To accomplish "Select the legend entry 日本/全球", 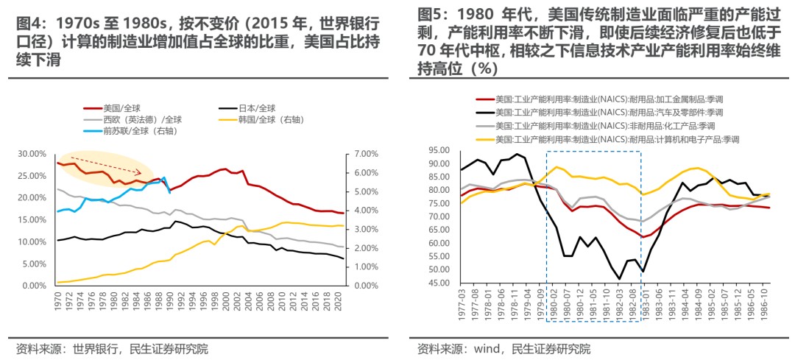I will point(256,108).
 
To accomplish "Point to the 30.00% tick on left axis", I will point(31,154).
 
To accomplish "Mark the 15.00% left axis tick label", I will point(31,219).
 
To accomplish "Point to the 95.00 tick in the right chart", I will point(442,150).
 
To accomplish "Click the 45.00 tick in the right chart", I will point(442,283).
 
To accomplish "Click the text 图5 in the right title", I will point(431,15).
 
